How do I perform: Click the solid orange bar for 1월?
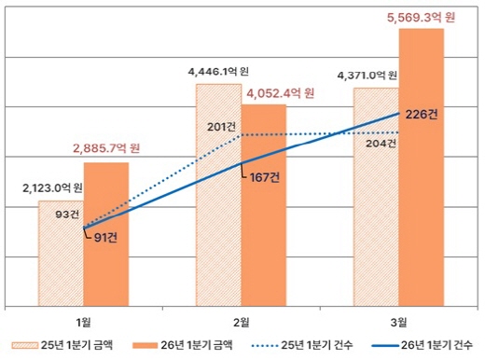(106, 234)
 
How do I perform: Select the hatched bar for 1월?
(62, 254)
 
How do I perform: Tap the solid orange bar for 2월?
(264, 205)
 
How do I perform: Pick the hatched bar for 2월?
(218, 195)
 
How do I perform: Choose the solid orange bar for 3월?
(422, 168)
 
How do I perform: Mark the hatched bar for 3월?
(376, 198)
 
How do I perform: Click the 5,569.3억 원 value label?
(421, 17)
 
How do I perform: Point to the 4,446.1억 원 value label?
(218, 72)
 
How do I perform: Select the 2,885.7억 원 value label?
(106, 148)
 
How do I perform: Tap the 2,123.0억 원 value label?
(52, 187)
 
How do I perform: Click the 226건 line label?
(422, 115)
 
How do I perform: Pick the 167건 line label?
(265, 177)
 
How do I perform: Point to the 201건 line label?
(221, 127)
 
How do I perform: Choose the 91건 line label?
(105, 238)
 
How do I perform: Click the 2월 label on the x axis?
(241, 323)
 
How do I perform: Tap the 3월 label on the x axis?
(398, 323)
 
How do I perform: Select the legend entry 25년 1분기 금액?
(62, 345)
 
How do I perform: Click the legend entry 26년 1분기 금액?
(182, 345)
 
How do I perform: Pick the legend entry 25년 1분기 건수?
(301, 345)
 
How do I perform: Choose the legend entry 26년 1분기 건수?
(423, 345)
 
